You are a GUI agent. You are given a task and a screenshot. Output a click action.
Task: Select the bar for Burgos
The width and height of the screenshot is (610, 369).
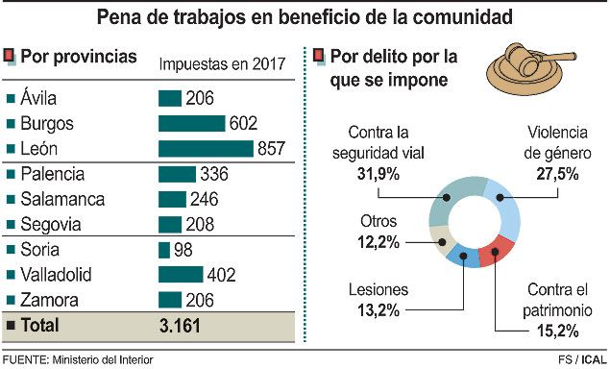tap(191, 123)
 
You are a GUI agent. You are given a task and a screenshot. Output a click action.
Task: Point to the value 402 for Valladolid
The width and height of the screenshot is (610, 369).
tap(221, 275)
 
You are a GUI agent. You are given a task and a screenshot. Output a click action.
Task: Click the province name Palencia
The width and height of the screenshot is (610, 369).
tap(52, 174)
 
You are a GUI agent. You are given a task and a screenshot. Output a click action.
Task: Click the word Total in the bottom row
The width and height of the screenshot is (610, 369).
tap(39, 326)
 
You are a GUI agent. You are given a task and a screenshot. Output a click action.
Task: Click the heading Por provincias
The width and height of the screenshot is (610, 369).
tap(78, 57)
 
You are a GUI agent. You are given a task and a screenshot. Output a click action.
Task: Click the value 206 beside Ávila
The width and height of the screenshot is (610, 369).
tap(200, 98)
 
